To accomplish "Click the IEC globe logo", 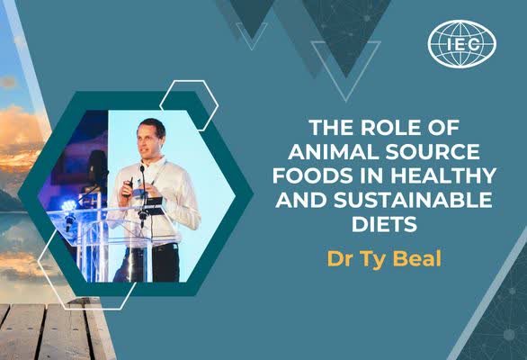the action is click(x=461, y=44).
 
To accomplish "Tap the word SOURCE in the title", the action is click(x=433, y=151).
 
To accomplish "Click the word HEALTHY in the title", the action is click(x=443, y=175).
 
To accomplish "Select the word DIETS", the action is click(x=384, y=223).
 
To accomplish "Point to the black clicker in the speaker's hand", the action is click(x=130, y=186).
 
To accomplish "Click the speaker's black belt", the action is click(x=161, y=247).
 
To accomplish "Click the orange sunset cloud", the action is click(x=19, y=135).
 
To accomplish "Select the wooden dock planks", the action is click(x=50, y=331).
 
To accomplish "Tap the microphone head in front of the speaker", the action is click(x=142, y=168).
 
